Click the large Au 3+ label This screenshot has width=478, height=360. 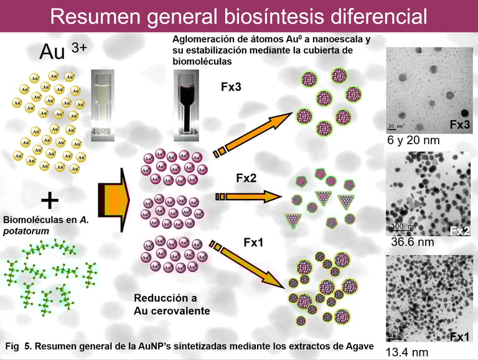tap(62, 52)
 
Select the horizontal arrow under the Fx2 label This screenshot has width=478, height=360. tap(246, 197)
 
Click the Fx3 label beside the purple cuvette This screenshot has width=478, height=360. tap(232, 86)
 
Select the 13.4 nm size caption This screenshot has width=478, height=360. tap(407, 352)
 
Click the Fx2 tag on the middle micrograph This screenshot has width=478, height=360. tap(459, 231)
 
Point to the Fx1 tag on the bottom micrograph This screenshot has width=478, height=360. tap(459, 336)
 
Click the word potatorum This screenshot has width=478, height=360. tap(26, 231)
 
